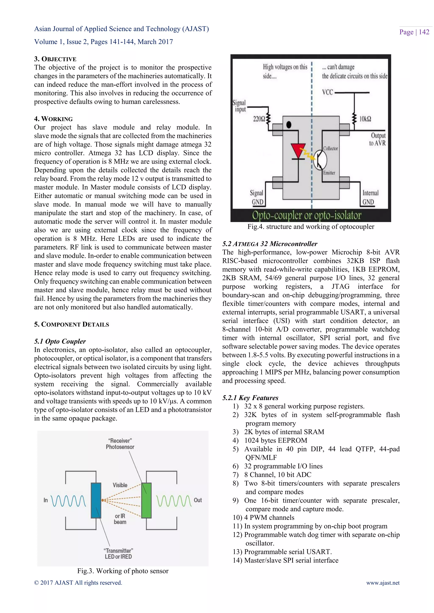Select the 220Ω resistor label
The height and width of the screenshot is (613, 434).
259,119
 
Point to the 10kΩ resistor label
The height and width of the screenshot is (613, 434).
365,119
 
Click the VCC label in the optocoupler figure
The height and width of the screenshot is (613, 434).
328,92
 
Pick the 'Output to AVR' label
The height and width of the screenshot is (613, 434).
378,139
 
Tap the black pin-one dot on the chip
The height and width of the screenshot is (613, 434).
289,125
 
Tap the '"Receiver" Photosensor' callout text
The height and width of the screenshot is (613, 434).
120,443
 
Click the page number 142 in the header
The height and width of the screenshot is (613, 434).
424,32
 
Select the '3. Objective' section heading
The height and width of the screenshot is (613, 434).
55,59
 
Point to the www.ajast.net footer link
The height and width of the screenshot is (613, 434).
383,583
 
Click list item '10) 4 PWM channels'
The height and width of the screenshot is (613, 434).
263,517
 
